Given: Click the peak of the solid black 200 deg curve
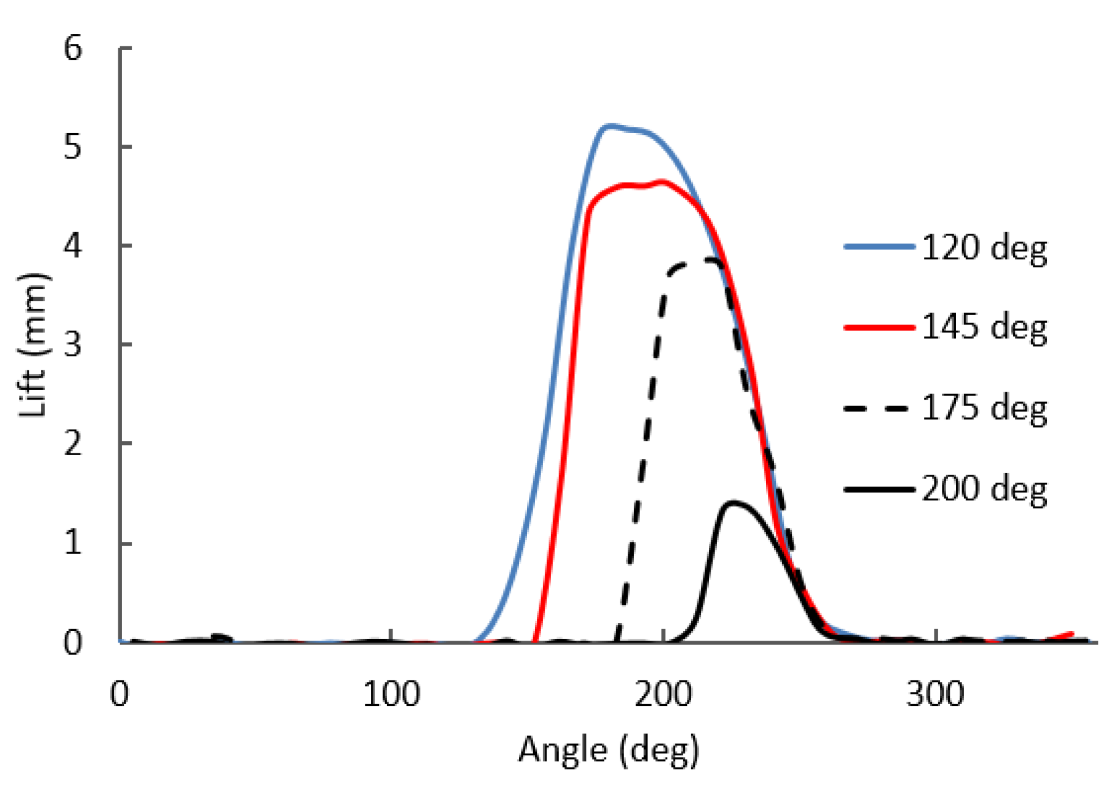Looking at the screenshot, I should tap(734, 503).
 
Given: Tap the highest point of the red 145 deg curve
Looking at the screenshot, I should tap(662, 182).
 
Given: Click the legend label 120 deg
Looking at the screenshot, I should tap(984, 248).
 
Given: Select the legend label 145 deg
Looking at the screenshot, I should tap(984, 328).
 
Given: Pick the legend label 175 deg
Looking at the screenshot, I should tap(984, 408).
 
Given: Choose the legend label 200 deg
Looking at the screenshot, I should tap(984, 489).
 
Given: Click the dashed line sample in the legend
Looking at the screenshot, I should tap(878, 408).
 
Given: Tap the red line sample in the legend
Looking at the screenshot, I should tap(878, 328).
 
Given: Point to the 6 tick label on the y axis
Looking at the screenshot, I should tap(73, 48).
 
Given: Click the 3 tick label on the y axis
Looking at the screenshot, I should tap(73, 345).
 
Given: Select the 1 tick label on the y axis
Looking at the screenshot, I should tap(73, 542).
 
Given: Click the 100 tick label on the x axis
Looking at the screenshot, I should tap(391, 694).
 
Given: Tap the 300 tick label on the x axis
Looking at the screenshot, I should tap(935, 694).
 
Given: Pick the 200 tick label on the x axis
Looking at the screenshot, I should tap(662, 694).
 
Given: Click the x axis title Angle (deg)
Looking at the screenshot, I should tap(608, 750).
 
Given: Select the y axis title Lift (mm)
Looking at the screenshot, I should tap(34, 345).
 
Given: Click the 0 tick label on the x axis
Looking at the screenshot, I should tap(120, 694).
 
